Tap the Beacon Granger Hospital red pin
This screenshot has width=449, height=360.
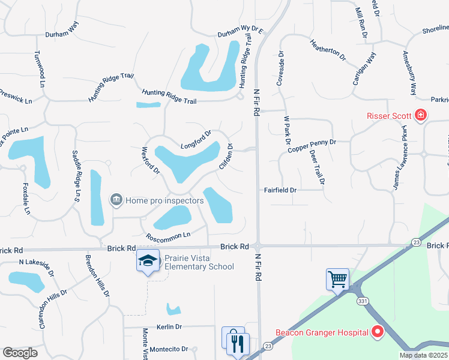(378, 331)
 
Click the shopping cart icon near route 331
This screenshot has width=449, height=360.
(337, 278)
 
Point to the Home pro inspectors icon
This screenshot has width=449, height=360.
(116, 199)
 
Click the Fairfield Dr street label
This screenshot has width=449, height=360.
(281, 190)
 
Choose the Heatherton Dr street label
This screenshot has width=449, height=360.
(328, 50)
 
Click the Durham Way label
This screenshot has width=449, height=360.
(62, 30)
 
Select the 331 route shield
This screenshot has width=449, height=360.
(361, 301)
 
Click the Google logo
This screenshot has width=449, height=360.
(20, 352)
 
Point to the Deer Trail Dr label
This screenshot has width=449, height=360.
(317, 167)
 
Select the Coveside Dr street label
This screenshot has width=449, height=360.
(280, 68)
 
